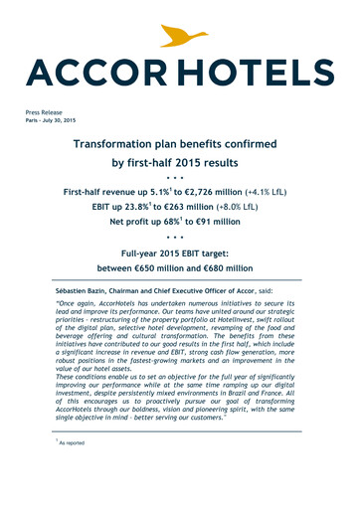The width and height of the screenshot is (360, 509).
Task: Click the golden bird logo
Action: (181, 38)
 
